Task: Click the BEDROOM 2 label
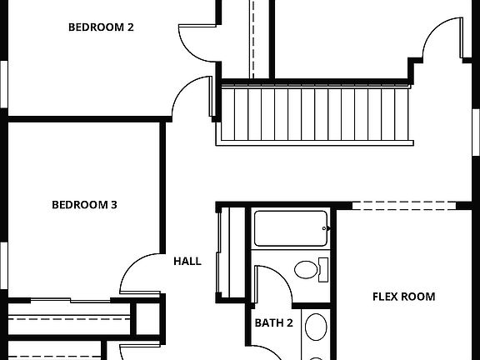[x=101, y=27]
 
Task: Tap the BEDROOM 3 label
[x=84, y=204]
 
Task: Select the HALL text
[x=187, y=261]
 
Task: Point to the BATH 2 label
[x=273, y=322]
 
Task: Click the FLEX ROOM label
[x=403, y=297]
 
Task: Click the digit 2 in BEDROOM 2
[x=130, y=27]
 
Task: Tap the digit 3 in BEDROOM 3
[x=113, y=204]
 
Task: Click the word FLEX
[x=386, y=297]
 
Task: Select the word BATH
[x=267, y=322]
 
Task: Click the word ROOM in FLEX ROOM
[x=419, y=297]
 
